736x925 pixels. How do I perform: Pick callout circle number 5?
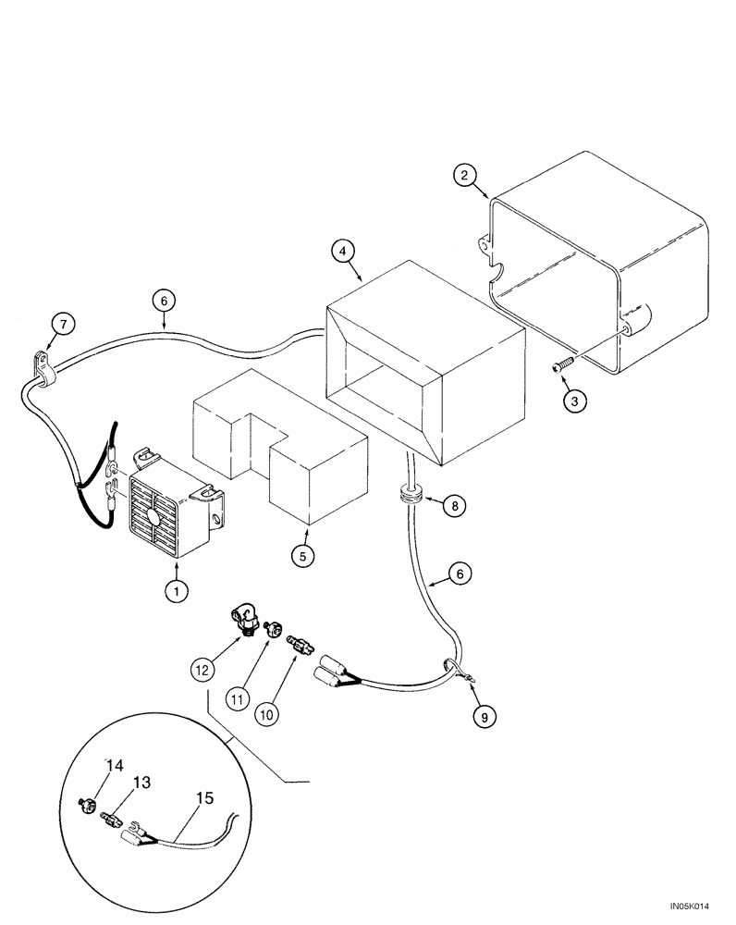pos(301,556)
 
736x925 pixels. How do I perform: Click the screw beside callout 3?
pos(561,367)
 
